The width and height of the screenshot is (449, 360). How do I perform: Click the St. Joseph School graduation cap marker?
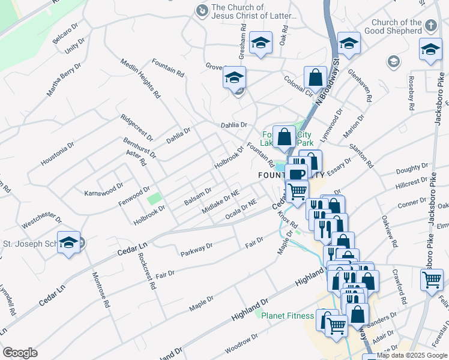[x=69, y=242]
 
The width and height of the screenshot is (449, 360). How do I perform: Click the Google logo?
[x=20, y=353]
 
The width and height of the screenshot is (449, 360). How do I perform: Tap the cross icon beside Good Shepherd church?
[x=430, y=26]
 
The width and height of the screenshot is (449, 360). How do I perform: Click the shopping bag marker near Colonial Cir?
[x=315, y=77]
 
